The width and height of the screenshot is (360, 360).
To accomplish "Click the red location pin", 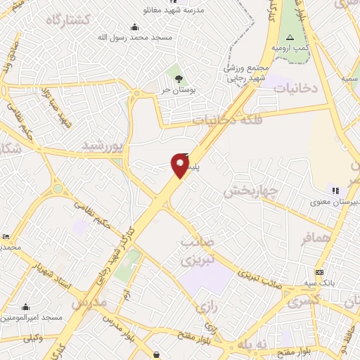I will [x=179, y=165].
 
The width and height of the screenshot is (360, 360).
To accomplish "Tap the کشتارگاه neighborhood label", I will [x=69, y=20].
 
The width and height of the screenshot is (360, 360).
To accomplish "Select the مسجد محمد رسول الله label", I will [x=134, y=37].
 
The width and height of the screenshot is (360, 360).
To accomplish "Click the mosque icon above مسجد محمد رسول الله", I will [x=135, y=27].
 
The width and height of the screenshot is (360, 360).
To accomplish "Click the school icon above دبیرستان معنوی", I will [x=335, y=190].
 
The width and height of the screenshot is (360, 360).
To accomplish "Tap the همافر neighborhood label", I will [x=316, y=238].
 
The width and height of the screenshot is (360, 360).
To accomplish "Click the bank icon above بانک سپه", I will [x=320, y=273].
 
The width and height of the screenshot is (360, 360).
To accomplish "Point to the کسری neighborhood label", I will [x=303, y=300].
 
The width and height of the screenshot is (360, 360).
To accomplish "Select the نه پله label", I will [x=252, y=345].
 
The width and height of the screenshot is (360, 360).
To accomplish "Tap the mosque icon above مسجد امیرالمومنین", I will [x=26, y=307].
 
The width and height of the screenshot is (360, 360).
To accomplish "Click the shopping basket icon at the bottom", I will [x=155, y=356].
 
